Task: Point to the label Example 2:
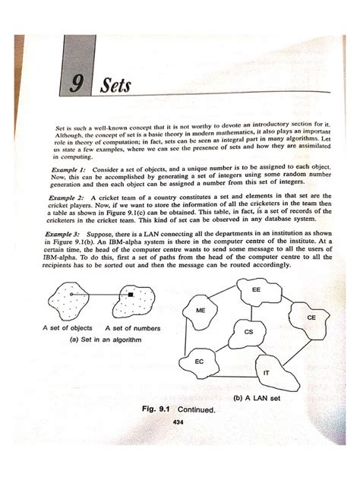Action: click(x=68, y=194)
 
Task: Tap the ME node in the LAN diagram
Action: click(x=201, y=311)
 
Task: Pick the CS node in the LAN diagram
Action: click(x=248, y=332)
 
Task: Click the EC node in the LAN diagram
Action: click(x=199, y=362)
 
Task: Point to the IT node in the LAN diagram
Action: click(x=266, y=373)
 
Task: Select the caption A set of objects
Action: click(x=68, y=328)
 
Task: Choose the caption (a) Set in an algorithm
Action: click(x=102, y=339)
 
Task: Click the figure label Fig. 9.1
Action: click(x=158, y=409)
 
